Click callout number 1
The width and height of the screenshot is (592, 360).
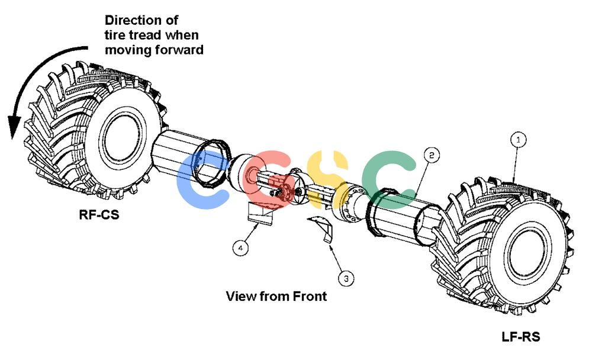[518, 140]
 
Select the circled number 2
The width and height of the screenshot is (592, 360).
[432, 155]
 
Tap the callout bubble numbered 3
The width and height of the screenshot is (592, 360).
[346, 279]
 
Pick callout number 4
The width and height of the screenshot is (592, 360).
[240, 248]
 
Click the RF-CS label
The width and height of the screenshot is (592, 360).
[99, 214]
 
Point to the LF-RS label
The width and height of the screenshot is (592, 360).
[520, 336]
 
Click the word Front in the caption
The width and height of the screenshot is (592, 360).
[310, 296]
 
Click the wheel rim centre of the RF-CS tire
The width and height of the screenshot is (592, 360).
[124, 138]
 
